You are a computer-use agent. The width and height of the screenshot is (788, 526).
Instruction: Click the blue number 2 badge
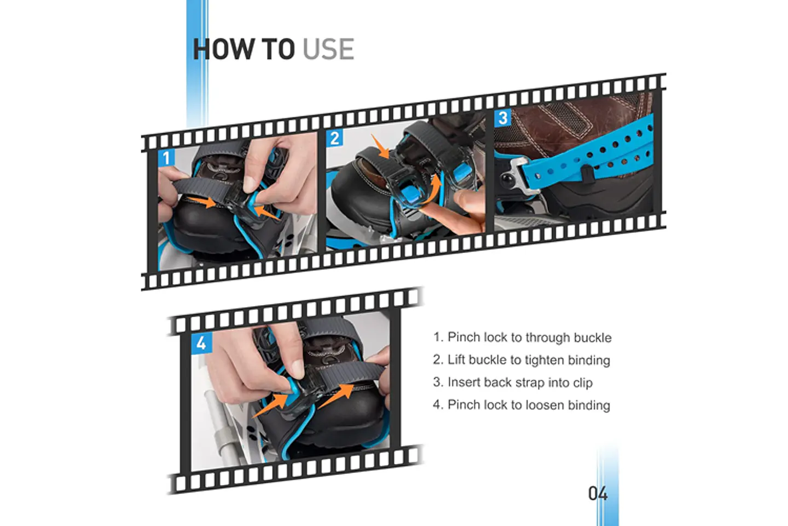click(x=334, y=138)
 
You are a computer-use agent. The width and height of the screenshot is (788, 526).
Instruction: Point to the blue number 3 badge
click(x=503, y=118)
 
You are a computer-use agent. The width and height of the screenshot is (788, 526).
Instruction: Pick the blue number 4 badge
click(x=201, y=342)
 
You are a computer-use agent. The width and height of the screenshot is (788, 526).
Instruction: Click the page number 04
click(x=598, y=494)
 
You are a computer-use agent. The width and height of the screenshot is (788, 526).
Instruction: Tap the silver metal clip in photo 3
click(x=517, y=176)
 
